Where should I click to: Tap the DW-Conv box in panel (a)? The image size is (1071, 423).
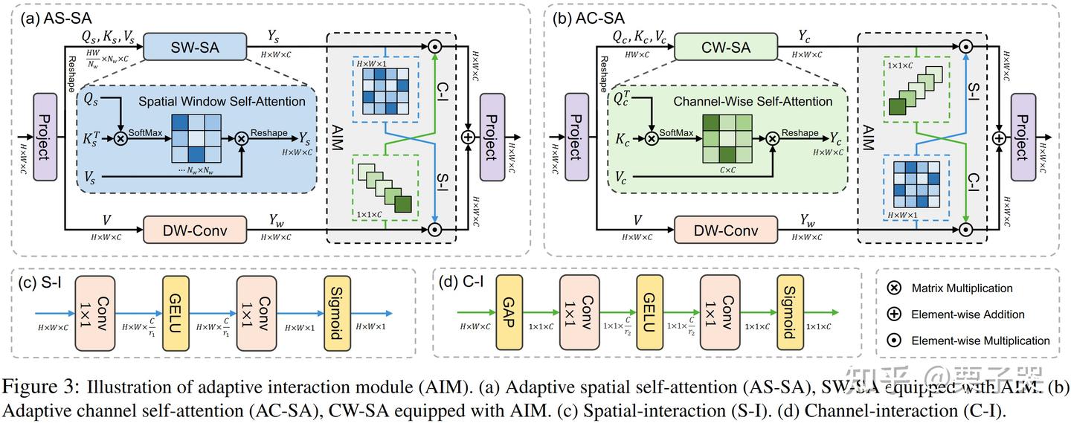click(194, 230)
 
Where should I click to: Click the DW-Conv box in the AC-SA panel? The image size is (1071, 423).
click(726, 230)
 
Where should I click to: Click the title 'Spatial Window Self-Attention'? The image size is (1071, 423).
click(202, 101)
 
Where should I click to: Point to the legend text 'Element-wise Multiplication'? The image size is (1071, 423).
click(981, 340)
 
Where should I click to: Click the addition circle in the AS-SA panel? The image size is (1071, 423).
click(469, 138)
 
